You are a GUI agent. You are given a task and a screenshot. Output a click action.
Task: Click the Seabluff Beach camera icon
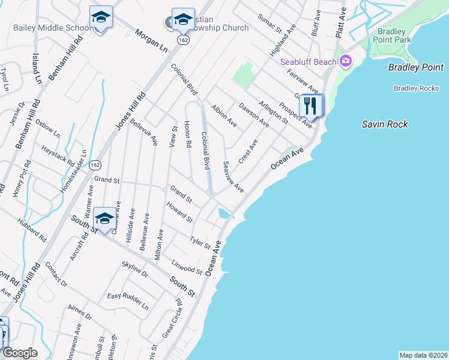345,61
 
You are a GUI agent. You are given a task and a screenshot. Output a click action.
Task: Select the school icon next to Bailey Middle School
101,18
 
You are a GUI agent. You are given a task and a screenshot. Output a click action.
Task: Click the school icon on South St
104,220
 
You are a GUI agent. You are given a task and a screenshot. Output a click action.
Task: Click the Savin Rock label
385,124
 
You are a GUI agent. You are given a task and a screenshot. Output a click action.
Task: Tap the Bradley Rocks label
417,88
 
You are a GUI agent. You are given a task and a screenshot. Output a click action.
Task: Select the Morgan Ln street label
150,39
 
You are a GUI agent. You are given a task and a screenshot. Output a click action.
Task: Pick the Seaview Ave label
233,177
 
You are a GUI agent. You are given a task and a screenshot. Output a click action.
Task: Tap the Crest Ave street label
247,151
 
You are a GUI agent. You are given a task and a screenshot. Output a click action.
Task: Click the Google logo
20,353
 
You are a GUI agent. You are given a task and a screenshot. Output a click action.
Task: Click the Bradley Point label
416,67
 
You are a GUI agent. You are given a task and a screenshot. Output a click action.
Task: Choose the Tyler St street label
200,242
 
